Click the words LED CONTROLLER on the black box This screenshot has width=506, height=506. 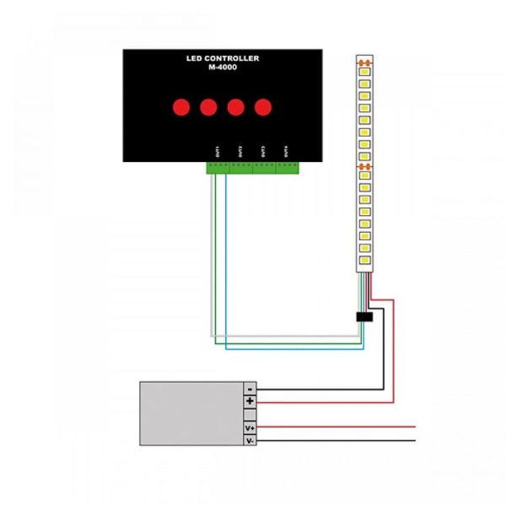(223, 58)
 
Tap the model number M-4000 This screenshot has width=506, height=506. (223, 67)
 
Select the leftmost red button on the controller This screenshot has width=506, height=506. (180, 107)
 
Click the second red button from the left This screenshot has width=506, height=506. (208, 107)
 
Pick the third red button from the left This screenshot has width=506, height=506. (236, 107)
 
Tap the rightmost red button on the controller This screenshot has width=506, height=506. (263, 107)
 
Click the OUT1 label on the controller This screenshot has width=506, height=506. (218, 151)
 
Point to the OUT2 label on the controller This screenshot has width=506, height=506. (240, 151)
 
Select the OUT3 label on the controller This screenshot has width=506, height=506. (263, 151)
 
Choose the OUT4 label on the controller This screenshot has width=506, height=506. (287, 151)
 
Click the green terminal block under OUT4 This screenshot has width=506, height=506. (288, 168)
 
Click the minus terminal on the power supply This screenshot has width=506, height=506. (250, 388)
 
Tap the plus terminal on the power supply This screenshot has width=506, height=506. (250, 401)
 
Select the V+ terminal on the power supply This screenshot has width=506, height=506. (250, 428)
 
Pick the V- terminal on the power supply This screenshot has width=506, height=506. (250, 440)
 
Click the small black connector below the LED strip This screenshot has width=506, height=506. (365, 317)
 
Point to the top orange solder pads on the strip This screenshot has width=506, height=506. (364, 63)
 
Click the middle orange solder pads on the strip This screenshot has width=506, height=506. (364, 167)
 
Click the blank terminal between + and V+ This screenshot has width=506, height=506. (250, 414)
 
